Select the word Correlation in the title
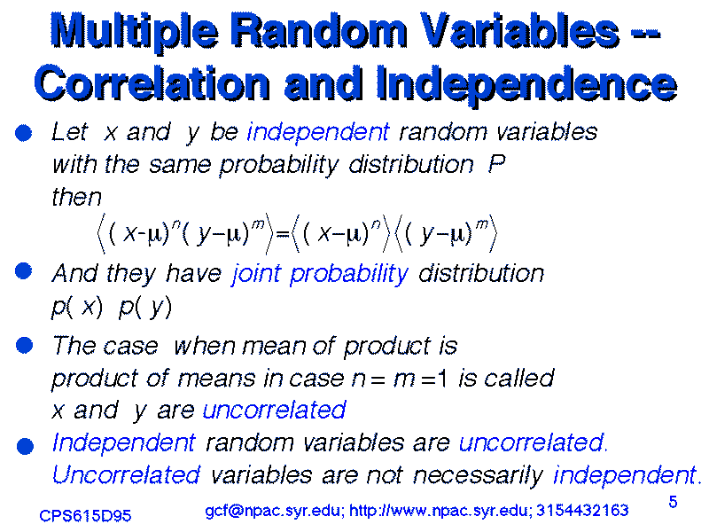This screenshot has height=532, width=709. pyautogui.click(x=152, y=83)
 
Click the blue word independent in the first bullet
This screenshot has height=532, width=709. pyautogui.click(x=318, y=132)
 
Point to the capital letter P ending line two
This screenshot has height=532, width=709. pyautogui.click(x=496, y=163)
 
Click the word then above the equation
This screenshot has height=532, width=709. pyautogui.click(x=77, y=197)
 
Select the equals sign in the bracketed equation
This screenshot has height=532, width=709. pyautogui.click(x=282, y=234)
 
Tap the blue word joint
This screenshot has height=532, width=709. pyautogui.click(x=256, y=274)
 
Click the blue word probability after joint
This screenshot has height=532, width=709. pyautogui.click(x=348, y=274)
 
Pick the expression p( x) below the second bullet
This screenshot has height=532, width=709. pyautogui.click(x=77, y=307)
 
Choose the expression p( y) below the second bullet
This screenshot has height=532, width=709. pyautogui.click(x=145, y=307)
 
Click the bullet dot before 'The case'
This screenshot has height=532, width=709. pyautogui.click(x=25, y=345)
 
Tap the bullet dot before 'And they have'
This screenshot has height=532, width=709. pyautogui.click(x=24, y=271)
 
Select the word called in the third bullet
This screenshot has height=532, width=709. pyautogui.click(x=519, y=378)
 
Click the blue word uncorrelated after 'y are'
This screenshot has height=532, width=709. pyautogui.click(x=275, y=411)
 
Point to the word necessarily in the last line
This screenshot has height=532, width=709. pyautogui.click(x=478, y=475)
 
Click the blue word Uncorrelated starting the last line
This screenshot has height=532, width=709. pyautogui.click(x=126, y=475)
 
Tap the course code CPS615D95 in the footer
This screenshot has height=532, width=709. pyautogui.click(x=85, y=515)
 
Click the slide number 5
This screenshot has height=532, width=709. pyautogui.click(x=673, y=502)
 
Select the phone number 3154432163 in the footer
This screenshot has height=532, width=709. pyautogui.click(x=582, y=511)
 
